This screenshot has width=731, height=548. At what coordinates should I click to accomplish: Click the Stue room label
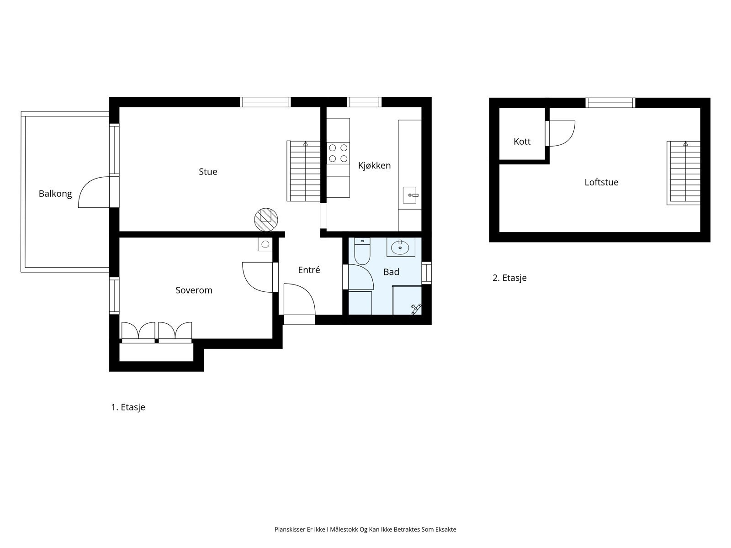(208, 172)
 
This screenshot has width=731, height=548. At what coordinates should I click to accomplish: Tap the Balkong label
(55, 194)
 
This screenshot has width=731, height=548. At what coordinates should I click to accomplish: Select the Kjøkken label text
(374, 165)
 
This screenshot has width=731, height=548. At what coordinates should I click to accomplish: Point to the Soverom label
(194, 290)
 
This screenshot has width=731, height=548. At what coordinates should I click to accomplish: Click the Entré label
(309, 270)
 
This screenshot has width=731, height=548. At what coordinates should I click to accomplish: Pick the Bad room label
(391, 272)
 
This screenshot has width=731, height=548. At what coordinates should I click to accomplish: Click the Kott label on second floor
(522, 142)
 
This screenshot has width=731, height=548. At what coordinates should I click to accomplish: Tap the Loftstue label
(601, 182)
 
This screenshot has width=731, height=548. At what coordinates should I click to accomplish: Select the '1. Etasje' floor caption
(128, 407)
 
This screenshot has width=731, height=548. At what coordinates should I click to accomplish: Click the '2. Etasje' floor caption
(509, 278)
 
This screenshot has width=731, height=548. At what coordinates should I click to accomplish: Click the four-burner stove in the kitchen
(338, 153)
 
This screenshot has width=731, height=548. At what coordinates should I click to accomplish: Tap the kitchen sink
(410, 195)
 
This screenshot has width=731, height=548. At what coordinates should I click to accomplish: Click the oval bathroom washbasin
(401, 248)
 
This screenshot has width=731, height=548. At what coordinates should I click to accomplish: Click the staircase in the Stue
(304, 171)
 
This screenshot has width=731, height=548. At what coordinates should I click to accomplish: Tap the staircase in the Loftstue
(684, 173)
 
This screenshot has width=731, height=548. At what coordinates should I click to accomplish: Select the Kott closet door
(561, 133)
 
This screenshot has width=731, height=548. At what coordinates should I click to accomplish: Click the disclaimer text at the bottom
(365, 530)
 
